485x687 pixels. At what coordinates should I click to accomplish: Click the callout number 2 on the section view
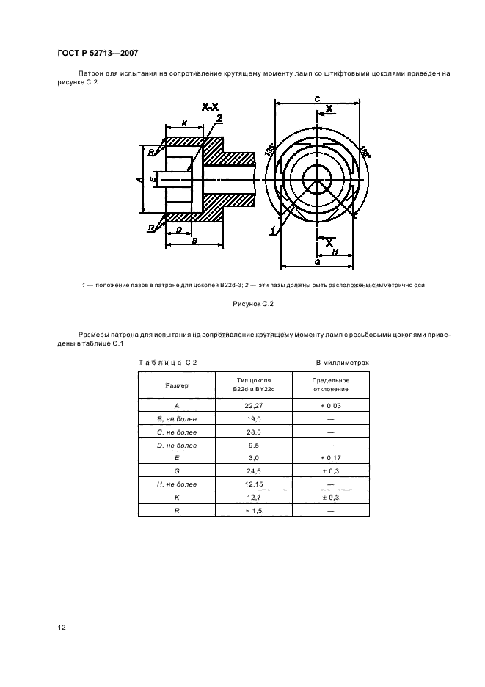point(219,118)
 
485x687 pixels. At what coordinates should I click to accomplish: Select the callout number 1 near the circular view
point(272,230)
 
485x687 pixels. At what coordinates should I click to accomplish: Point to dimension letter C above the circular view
point(316,98)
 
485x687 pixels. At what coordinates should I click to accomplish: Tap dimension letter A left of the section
point(139,178)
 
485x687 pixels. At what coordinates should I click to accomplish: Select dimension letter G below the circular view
point(316,261)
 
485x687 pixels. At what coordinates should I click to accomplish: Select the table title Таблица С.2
point(167,363)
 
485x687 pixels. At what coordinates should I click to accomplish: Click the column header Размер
point(176,385)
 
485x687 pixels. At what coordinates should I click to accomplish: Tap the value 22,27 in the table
point(253,404)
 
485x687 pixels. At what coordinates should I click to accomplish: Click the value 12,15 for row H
point(253,484)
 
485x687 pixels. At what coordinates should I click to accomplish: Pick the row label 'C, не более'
point(176,431)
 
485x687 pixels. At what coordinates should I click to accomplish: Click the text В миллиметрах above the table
point(342,363)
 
